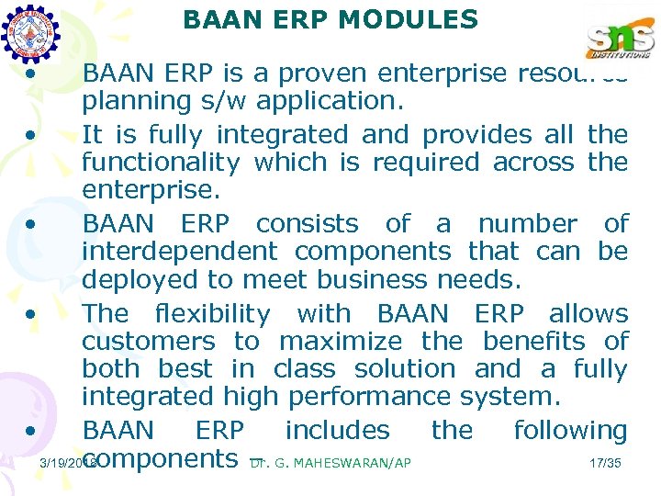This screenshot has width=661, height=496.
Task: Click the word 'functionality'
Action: tap(161, 163)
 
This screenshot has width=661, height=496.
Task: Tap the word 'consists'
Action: tap(307, 224)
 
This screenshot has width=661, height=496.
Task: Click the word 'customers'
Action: tap(148, 342)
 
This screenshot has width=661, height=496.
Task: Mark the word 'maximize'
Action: tap(340, 342)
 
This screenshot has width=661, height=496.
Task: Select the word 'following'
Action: tap(570, 430)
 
